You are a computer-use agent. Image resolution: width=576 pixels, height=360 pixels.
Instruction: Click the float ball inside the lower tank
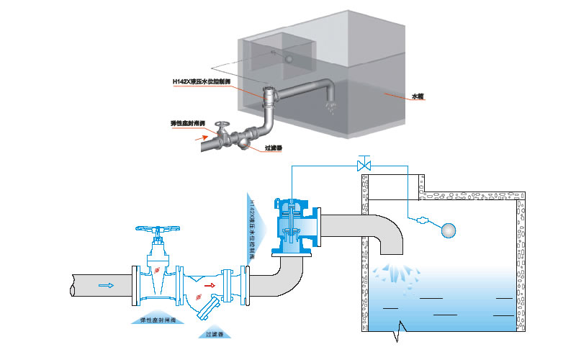pos(448,230)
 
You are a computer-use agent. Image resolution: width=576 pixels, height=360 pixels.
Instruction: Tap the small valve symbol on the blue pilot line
pos(364,164)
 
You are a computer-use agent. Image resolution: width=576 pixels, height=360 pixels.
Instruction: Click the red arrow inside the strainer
pos(210,285)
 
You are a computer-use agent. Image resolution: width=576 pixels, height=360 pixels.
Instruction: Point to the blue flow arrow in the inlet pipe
pos(106,285)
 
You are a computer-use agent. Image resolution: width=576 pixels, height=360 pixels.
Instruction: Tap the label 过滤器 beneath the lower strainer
pos(214,334)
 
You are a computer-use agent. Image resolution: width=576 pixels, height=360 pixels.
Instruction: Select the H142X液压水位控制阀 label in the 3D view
pos(202,82)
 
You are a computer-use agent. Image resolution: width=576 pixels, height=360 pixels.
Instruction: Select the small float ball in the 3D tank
pos(288,58)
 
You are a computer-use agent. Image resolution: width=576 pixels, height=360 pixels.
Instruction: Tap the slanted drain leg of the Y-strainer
pos(207,309)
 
